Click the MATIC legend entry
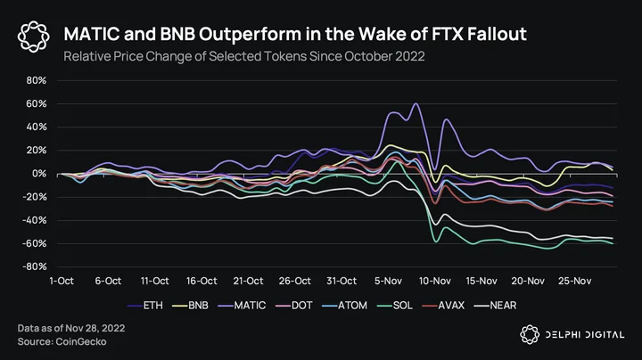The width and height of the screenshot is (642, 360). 242,305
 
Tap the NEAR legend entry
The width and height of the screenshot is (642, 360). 495,305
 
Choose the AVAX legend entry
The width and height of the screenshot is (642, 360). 443,305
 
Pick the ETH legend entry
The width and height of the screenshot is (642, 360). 145,305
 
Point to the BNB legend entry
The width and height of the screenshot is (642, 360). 190,305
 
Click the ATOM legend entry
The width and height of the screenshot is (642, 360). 344,305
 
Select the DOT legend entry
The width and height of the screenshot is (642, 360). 294,305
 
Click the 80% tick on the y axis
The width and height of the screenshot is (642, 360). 37,80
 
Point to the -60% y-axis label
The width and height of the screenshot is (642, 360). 35,243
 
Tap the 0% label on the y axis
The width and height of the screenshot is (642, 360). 39,174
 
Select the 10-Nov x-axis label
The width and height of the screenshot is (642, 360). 435,281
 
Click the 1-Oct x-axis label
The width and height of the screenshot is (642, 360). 62,281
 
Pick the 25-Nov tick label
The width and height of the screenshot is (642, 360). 575,281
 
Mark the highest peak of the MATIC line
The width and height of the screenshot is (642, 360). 416,103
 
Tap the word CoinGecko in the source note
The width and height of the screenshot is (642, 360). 80,341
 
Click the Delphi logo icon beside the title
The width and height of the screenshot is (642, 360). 34,37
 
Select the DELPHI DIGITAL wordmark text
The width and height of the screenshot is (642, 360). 585,335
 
